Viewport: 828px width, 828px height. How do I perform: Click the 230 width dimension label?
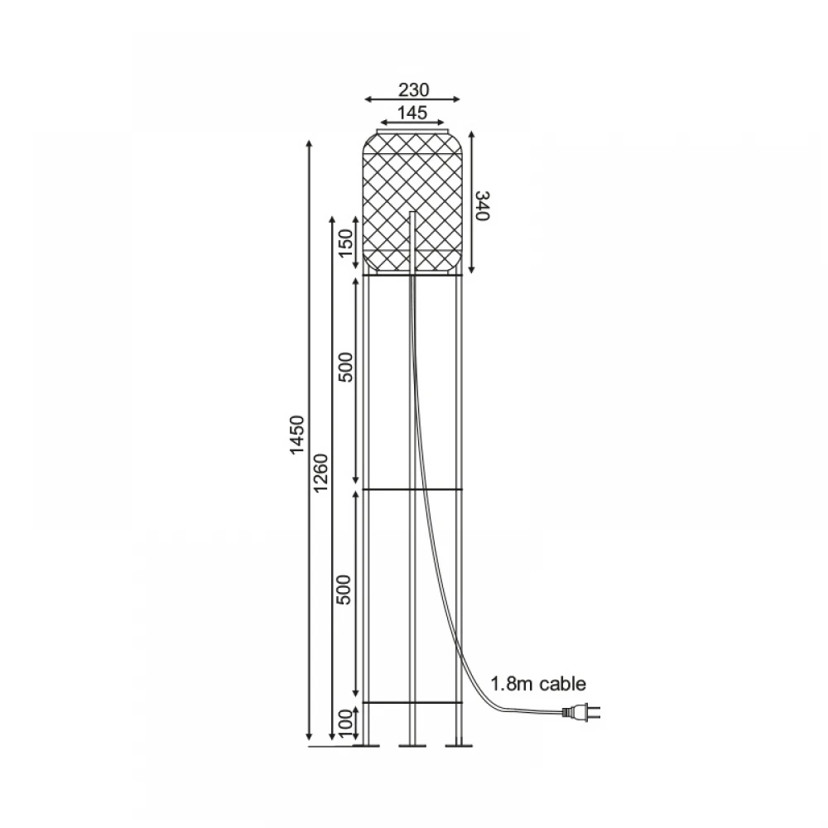point(413,89)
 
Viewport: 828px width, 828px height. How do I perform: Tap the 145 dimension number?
point(412,113)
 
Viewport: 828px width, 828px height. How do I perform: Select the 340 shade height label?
point(483,205)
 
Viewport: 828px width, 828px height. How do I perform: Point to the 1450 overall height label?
point(297,434)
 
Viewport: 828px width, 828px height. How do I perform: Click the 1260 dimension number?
point(321,472)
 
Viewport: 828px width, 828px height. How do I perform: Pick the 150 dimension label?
point(345,243)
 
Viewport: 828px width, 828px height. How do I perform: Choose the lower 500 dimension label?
point(344,590)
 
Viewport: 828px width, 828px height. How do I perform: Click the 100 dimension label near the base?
point(344,724)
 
